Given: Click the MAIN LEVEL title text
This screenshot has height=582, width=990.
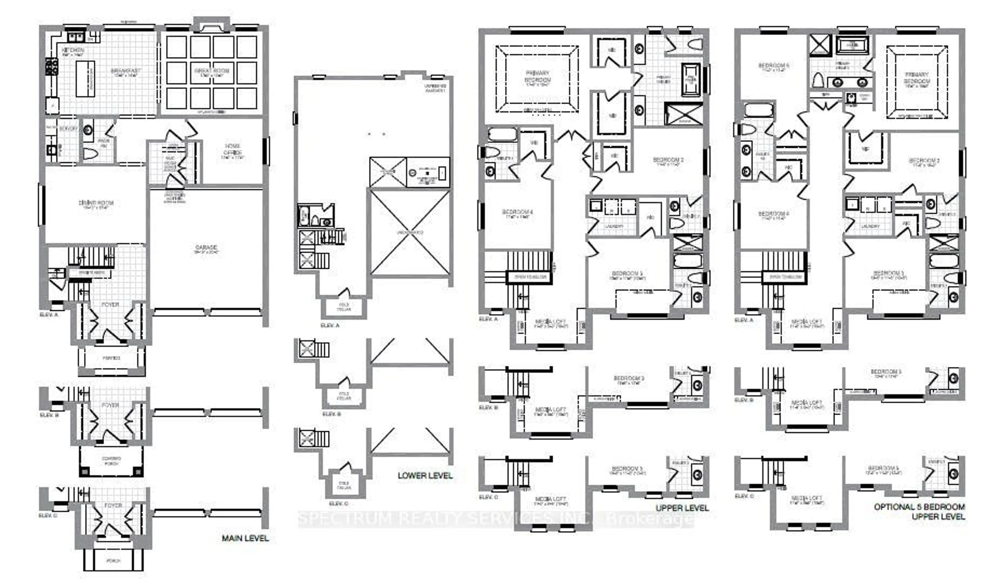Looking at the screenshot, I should tap(245, 538).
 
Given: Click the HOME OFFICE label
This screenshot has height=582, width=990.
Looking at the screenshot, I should tap(233, 149).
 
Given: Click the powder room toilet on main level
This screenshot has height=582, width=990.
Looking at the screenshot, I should tap(90, 154).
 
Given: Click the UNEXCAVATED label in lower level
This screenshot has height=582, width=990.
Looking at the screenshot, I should tap(410, 232).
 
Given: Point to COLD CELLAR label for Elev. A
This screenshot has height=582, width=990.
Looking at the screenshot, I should tap(344, 307).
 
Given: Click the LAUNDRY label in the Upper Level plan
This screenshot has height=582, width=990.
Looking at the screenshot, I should tap(614, 226).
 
